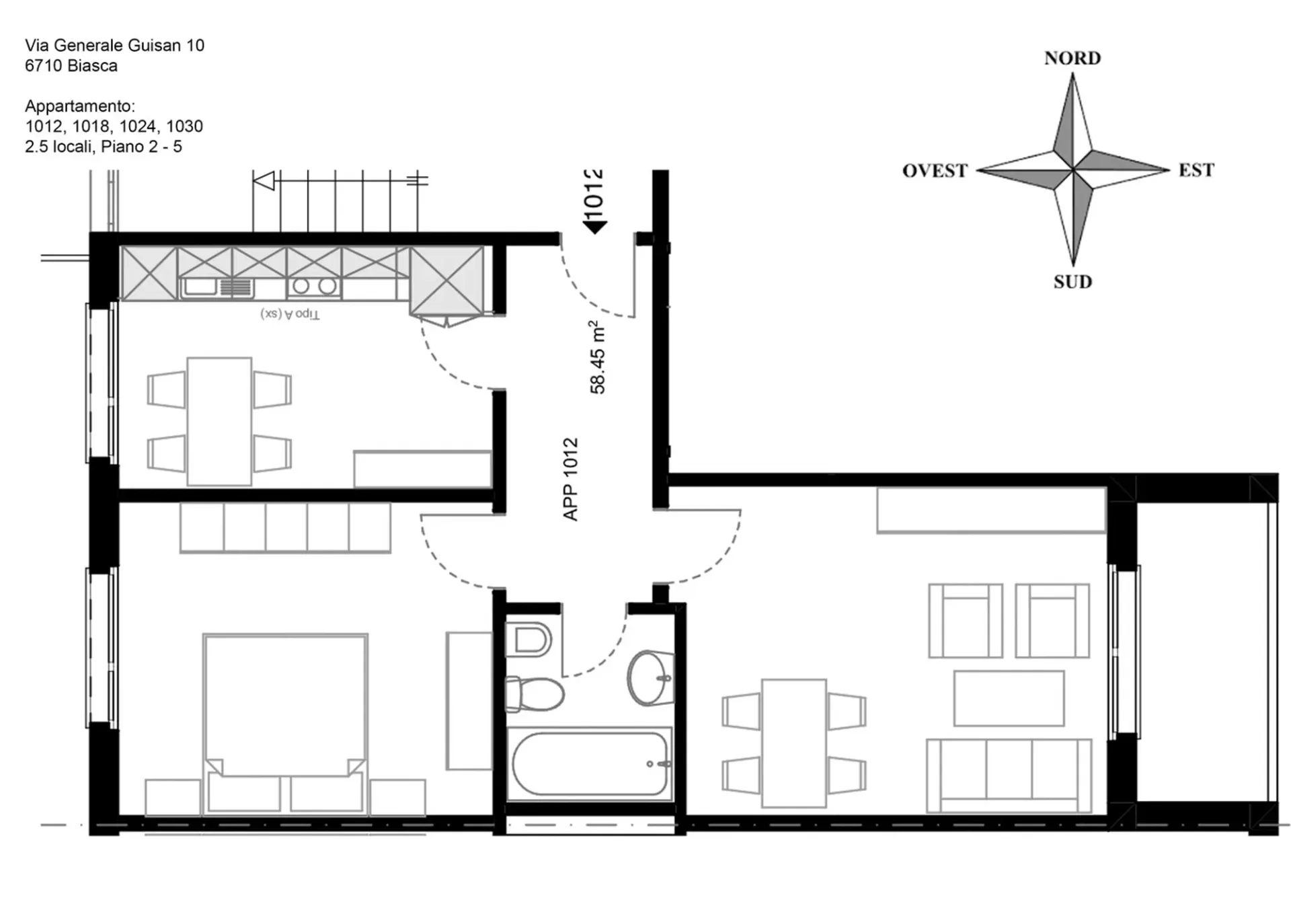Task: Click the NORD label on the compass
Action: point(1072,59)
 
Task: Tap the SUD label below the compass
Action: point(1072,282)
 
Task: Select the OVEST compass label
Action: point(935,171)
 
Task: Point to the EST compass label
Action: point(1196,170)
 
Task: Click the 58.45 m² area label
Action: point(597,357)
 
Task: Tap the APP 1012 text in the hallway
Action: point(570,479)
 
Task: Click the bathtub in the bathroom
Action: point(589,765)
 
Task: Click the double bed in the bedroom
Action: point(285,724)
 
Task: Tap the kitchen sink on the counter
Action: point(217,287)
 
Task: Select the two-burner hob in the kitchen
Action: point(314,287)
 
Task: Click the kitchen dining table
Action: point(219,422)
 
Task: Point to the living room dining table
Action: point(793,743)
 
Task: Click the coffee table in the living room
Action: point(1009,698)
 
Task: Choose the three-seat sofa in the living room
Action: point(1009,776)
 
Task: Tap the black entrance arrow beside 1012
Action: point(595,228)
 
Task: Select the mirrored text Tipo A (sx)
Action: point(290,314)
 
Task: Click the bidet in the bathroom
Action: point(528,640)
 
